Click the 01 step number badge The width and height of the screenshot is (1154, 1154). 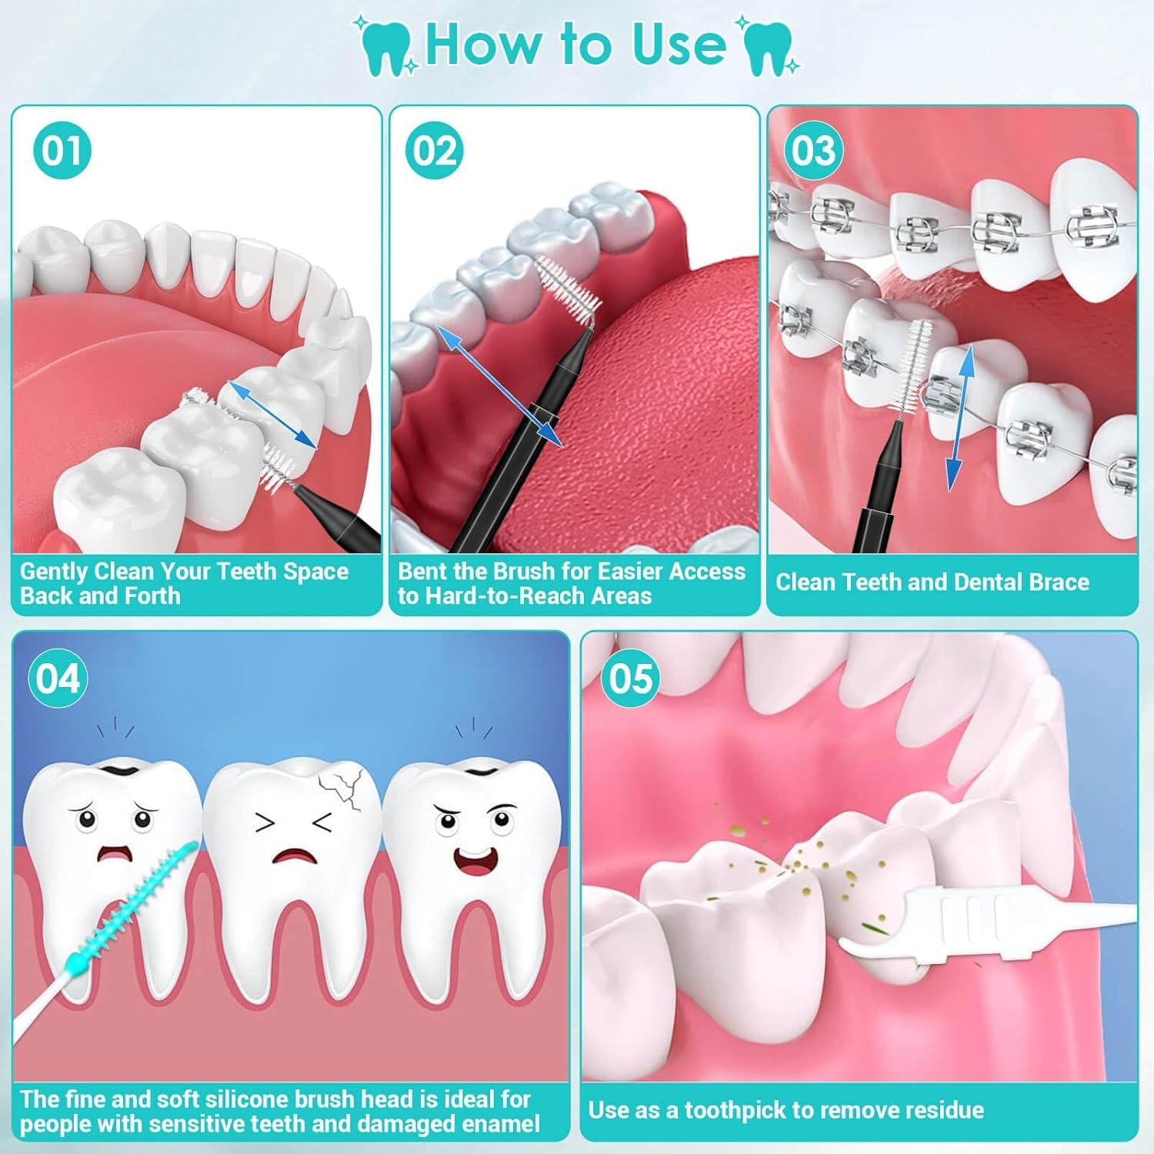(62, 151)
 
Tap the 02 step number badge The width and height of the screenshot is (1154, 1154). (435, 151)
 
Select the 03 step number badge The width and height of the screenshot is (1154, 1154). (813, 151)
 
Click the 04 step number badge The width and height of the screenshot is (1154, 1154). (58, 679)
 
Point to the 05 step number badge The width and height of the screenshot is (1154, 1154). (630, 679)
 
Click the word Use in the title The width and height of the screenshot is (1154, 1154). (678, 45)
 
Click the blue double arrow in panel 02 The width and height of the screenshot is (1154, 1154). (499, 385)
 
